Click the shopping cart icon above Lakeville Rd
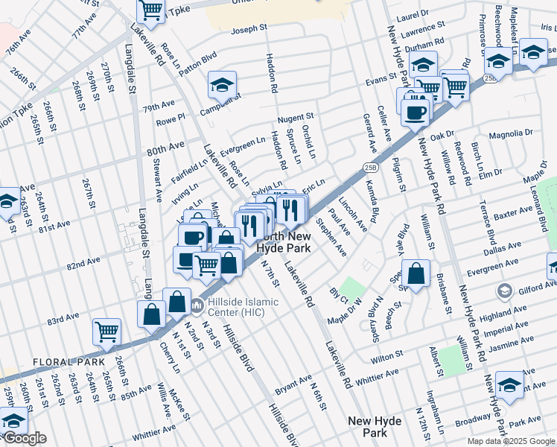point(151,10)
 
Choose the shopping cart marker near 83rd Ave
point(106,332)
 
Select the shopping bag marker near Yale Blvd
point(418,273)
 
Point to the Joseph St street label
point(249,29)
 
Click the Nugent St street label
point(296,118)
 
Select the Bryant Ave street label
point(293,390)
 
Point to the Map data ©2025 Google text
point(510,441)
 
